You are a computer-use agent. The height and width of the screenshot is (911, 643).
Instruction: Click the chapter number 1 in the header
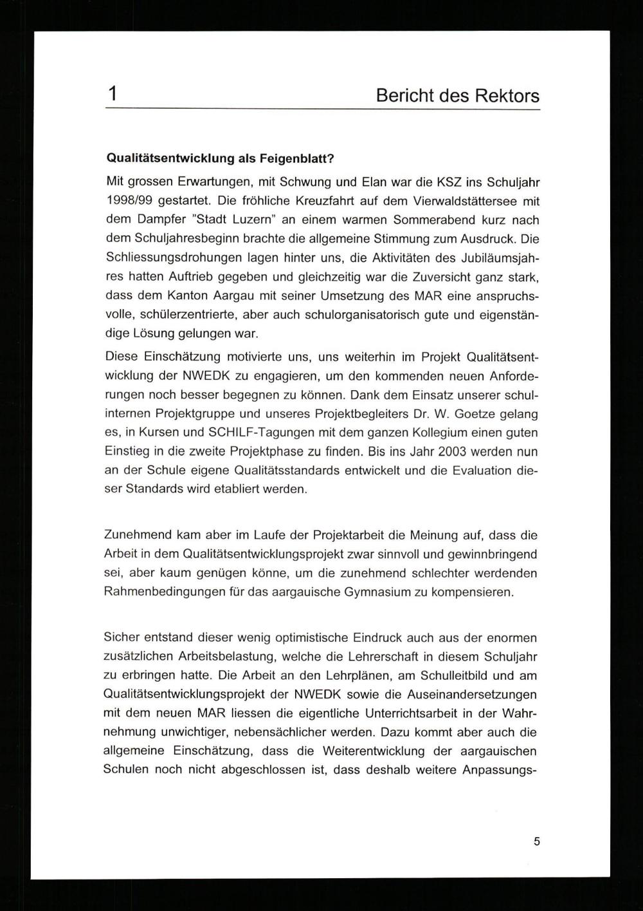pyautogui.click(x=113, y=95)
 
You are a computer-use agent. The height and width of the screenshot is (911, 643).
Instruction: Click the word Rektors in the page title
pyautogui.click(x=507, y=96)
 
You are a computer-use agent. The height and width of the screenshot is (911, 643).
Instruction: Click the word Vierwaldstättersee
pyautogui.click(x=457, y=200)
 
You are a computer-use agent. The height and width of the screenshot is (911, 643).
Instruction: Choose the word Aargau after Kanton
pyautogui.click(x=241, y=296)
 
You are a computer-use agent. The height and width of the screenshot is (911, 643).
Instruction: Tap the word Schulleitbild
pyautogui.click(x=455, y=675)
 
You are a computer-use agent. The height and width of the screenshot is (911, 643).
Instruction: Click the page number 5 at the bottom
pyautogui.click(x=537, y=841)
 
